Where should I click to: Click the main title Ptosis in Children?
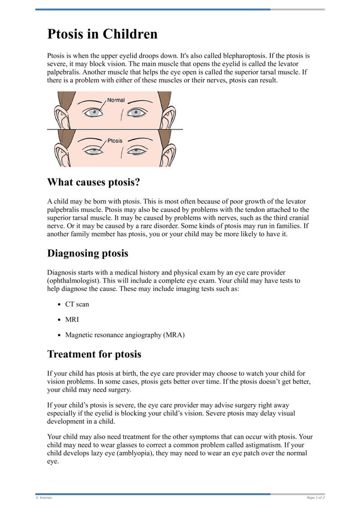point(103,34)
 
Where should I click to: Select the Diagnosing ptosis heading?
point(88,253)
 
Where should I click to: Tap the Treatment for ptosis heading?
point(94,354)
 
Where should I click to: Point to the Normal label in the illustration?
point(116,100)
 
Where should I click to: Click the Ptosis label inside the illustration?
point(114,141)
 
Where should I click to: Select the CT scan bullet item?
point(77,304)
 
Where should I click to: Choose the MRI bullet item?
point(72,320)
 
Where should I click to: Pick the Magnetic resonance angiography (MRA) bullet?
point(125,335)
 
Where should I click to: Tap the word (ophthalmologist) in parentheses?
point(76,281)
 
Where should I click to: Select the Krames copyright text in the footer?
point(44,498)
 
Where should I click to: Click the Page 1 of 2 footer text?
point(315,498)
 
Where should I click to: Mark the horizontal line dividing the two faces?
point(115,129)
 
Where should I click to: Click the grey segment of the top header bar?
point(297,9)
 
